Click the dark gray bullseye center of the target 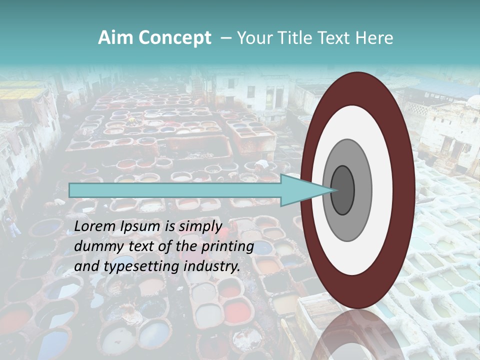point(343,189)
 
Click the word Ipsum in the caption point(140,226)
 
